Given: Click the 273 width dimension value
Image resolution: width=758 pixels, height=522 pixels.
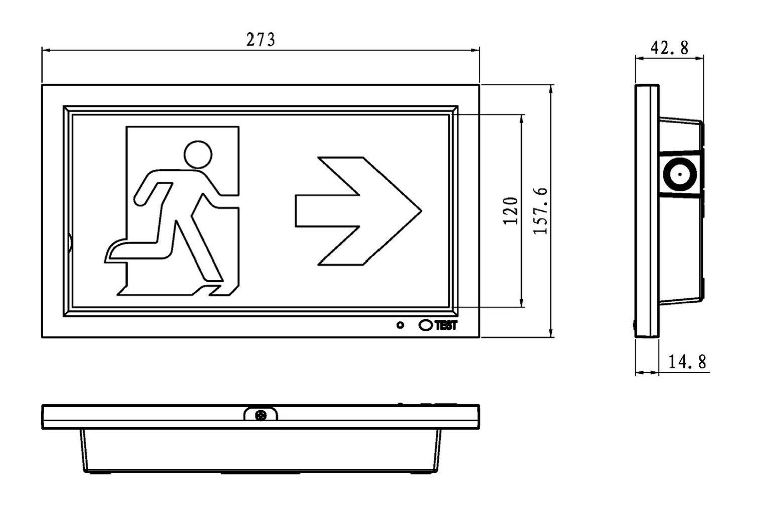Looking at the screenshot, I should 261,39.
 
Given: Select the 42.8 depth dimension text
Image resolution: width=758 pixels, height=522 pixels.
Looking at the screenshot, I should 669,48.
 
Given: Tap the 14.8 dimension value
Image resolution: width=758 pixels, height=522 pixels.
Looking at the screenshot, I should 687,361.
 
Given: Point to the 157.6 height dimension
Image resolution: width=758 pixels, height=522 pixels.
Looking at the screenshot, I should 540,211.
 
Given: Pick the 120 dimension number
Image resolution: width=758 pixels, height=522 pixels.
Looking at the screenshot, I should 510,211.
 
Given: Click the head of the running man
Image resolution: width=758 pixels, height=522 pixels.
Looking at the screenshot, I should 198,154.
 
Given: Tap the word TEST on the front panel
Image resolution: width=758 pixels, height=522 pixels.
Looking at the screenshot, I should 446,325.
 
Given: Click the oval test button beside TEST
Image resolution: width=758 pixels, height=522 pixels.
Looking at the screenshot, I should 425,325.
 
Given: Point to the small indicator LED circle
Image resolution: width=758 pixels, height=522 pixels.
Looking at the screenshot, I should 400,325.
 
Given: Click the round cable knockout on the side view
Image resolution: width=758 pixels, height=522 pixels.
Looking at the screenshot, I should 679,175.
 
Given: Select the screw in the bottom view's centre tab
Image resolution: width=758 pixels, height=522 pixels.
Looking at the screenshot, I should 261,415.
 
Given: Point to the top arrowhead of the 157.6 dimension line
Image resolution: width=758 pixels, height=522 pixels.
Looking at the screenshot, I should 551,88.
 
